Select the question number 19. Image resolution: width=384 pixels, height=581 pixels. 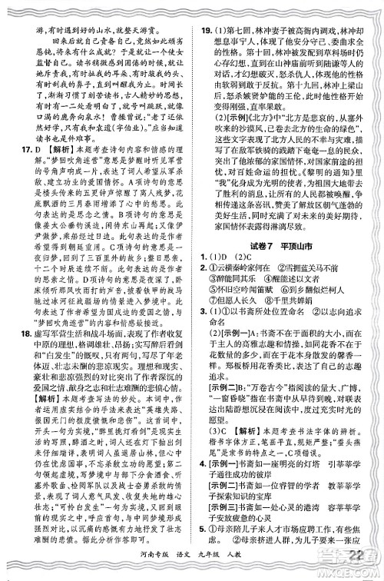click(203, 8)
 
